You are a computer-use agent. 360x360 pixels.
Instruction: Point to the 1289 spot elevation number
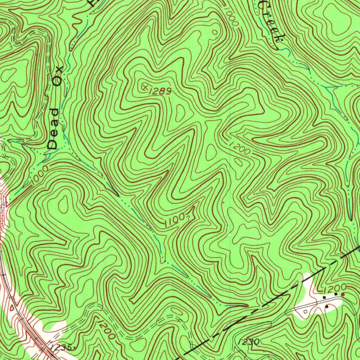coord(160,91)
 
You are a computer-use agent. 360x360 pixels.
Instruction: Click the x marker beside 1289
coord(144,86)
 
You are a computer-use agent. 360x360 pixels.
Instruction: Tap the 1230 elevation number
coord(249,342)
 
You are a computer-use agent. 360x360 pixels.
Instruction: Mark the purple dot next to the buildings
coord(343,294)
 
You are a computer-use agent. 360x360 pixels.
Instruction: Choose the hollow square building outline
coord(305,311)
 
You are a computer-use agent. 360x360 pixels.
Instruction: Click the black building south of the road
coord(327,307)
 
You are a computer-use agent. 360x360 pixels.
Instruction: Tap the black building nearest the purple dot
coord(336,294)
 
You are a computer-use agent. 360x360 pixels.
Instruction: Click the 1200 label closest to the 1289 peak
coord(240,148)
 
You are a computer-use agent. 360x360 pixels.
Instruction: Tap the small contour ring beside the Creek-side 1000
coord(215,32)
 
